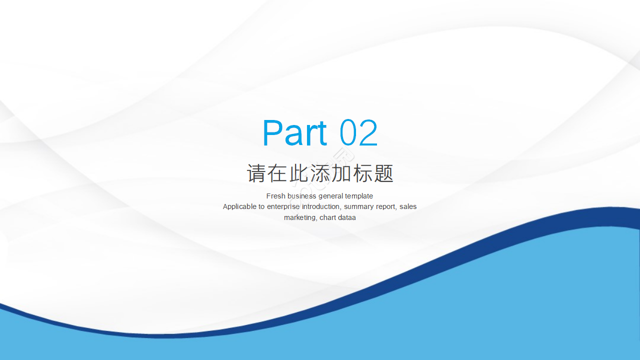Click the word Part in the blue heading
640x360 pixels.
tap(294, 133)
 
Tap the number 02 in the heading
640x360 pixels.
tap(358, 133)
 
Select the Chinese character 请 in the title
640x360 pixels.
tap(256, 173)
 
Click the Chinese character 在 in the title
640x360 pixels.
tap(277, 173)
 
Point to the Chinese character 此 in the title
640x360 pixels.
tap(298, 173)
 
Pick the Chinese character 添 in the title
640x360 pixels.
tap(319, 173)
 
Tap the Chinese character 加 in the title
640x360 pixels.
tap(341, 173)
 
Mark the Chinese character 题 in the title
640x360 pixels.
tap(383, 173)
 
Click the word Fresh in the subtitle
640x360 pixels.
tap(275, 196)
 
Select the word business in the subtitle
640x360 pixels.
tap(301, 196)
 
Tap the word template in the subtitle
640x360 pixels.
tap(358, 196)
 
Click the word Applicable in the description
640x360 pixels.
tap(239, 207)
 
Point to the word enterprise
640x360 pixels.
tap(283, 207)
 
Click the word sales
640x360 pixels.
tap(408, 206)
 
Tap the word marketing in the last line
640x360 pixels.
tap(300, 218)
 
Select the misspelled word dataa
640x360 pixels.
tap(347, 217)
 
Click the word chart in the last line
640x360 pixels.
tap(327, 217)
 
